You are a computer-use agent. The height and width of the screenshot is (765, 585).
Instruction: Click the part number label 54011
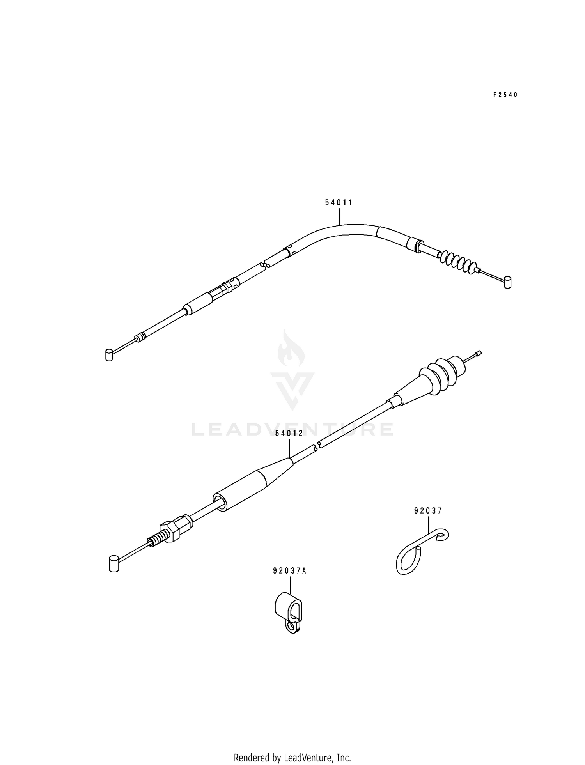pyautogui.click(x=339, y=202)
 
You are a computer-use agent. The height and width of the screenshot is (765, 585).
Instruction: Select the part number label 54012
pyautogui.click(x=289, y=434)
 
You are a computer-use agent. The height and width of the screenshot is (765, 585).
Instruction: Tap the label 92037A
pyautogui.click(x=290, y=571)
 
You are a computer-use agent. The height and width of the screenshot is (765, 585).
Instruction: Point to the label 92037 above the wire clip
pyautogui.click(x=428, y=510)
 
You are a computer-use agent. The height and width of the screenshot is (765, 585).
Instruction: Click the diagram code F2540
pyautogui.click(x=505, y=95)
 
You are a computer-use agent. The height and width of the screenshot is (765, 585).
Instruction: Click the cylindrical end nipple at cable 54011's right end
pyautogui.click(x=508, y=282)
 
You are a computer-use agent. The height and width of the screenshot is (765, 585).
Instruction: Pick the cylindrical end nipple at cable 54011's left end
pyautogui.click(x=109, y=355)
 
